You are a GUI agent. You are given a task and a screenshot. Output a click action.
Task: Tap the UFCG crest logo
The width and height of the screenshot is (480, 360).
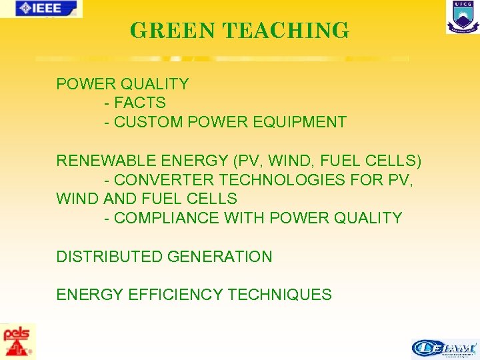462,17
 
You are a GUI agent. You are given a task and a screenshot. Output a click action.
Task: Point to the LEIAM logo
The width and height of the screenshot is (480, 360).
445,349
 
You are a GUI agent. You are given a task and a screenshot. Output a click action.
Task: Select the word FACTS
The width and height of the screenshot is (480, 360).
140,103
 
